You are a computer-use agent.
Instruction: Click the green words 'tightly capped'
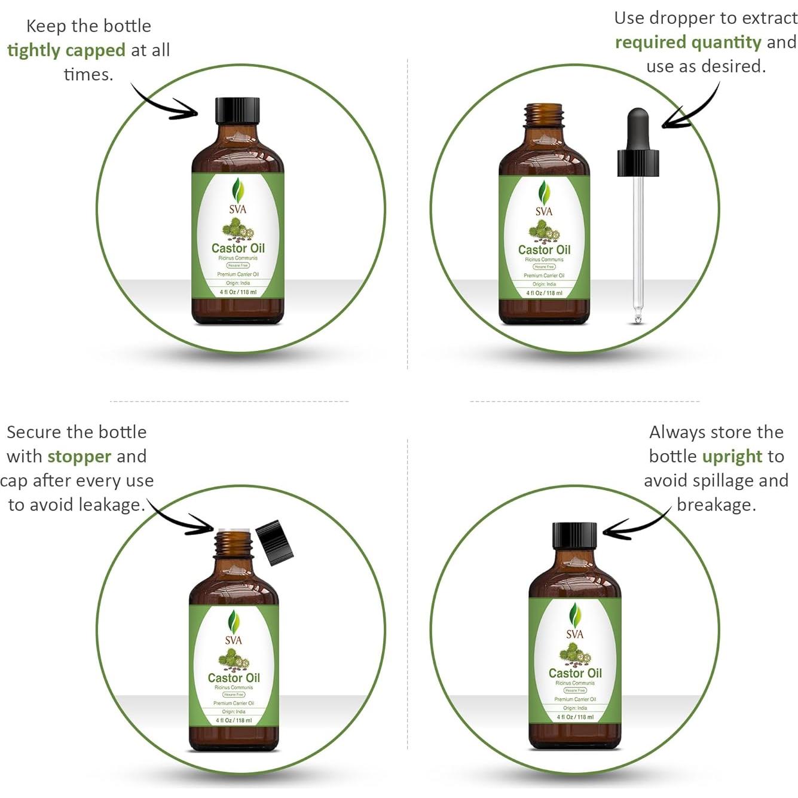[66, 50]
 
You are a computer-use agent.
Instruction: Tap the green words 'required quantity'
[688, 42]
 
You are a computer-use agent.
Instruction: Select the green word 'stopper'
[80, 457]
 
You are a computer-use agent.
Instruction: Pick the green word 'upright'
[732, 457]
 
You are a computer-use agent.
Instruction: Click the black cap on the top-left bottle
[237, 111]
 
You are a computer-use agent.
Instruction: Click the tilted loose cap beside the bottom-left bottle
[274, 542]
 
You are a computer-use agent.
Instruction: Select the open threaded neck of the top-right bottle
[543, 117]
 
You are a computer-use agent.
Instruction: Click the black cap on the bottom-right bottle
[574, 536]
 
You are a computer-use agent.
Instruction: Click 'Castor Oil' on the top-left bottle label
[238, 248]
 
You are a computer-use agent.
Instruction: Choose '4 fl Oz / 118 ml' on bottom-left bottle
[234, 720]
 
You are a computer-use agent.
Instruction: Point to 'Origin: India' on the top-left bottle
[238, 283]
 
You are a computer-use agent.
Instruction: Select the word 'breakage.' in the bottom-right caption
[716, 505]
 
